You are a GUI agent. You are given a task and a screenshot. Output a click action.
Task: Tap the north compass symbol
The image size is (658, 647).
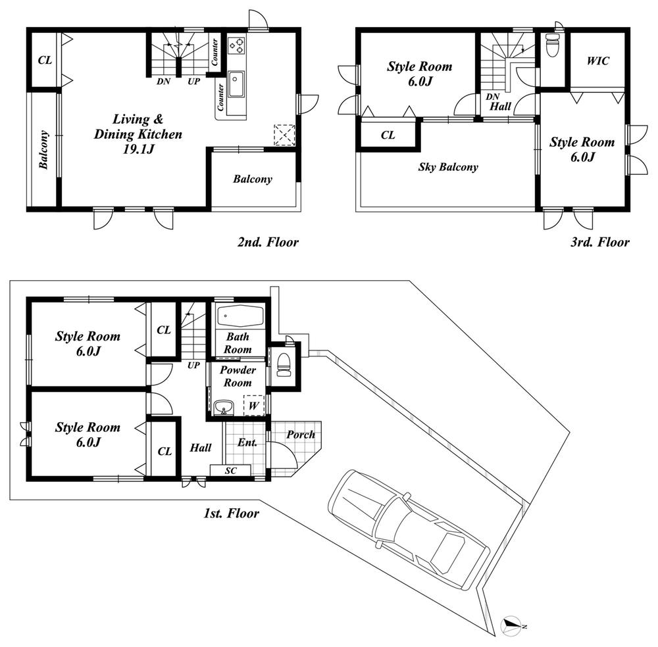tap(511, 625)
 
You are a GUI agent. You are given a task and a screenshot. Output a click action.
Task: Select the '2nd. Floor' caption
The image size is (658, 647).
tap(268, 242)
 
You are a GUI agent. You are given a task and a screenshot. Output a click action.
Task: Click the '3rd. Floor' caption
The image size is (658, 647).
tap(599, 242)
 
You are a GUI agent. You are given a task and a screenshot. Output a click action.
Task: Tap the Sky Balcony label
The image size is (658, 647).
tap(448, 167)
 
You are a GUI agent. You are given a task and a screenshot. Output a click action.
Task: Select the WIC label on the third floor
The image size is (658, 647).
tap(597, 61)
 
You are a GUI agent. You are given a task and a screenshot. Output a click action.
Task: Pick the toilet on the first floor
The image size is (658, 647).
tap(284, 364)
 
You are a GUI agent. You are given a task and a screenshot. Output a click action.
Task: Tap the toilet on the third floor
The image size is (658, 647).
tap(553, 47)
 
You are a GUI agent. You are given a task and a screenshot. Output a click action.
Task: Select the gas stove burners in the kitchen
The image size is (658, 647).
tap(236, 45)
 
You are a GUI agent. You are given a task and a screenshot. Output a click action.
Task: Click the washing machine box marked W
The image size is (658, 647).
tap(253, 405)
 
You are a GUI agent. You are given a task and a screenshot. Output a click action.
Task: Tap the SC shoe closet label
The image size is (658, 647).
tap(230, 470)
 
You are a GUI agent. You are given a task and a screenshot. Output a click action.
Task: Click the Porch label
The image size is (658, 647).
tap(301, 435)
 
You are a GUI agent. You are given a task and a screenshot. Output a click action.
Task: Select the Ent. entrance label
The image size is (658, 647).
tap(247, 443)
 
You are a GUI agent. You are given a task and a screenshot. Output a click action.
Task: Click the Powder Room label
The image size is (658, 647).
tap(238, 376)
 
